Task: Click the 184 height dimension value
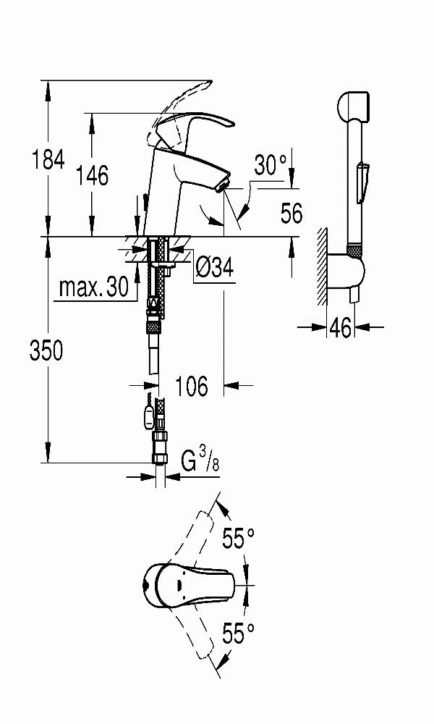coord(48,159)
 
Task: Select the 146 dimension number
coord(93,175)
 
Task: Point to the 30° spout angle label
coord(271,164)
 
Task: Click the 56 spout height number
coord(292,214)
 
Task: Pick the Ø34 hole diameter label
coord(214,267)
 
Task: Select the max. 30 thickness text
coord(93,287)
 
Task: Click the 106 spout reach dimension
coord(192,386)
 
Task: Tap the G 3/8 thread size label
coord(200,460)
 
